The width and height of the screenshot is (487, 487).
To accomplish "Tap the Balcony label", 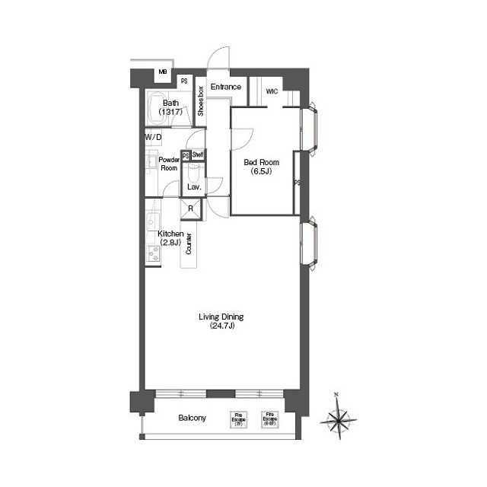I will click(193, 418).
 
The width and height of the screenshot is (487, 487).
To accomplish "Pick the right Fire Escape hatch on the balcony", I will click(269, 419).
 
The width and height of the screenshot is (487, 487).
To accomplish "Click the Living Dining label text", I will click(220, 321).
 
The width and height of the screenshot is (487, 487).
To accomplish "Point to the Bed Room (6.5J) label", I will click(261, 167).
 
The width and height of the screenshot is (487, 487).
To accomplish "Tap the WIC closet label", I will click(272, 91).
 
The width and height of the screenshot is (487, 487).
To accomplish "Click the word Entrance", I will click(226, 87).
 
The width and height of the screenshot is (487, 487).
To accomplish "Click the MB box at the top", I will click(163, 73).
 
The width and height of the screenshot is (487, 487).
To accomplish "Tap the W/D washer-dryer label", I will click(153, 137).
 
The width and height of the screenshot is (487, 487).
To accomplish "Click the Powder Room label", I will click(168, 164).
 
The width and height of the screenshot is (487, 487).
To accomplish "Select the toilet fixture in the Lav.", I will click(193, 171).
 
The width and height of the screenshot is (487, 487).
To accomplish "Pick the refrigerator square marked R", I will click(190, 209).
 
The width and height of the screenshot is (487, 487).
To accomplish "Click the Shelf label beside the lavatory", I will click(197, 154).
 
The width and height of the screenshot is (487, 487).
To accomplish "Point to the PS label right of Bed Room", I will click(297, 183).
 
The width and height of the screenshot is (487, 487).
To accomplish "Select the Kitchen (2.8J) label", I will click(170, 237).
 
